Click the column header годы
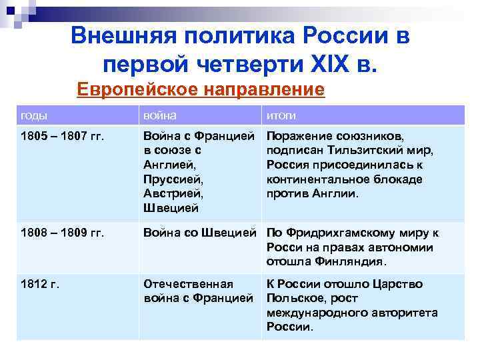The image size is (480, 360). (34, 115)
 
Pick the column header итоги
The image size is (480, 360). (281, 115)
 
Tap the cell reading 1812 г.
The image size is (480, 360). (40, 284)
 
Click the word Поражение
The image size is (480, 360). (301, 137)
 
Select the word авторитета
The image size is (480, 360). (401, 313)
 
